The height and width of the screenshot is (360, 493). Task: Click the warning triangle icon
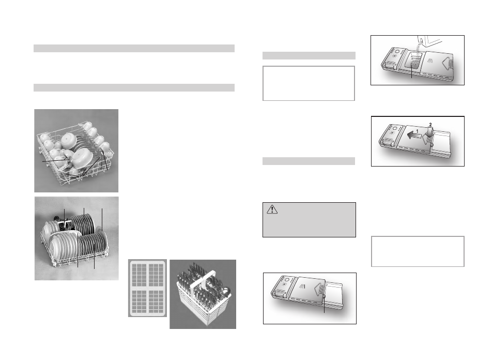(272, 209)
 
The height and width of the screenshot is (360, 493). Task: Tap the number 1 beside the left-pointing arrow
(417, 131)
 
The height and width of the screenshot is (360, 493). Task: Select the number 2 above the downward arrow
(430, 125)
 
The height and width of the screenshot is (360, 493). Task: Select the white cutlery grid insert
(147, 288)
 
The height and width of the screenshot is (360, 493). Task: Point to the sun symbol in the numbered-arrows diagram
(391, 132)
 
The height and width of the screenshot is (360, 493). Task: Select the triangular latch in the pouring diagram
(446, 64)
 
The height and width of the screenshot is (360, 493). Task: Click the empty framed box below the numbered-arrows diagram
(418, 251)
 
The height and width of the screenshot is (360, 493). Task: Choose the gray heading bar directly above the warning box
(309, 161)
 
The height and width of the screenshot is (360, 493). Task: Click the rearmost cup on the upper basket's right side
(87, 126)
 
